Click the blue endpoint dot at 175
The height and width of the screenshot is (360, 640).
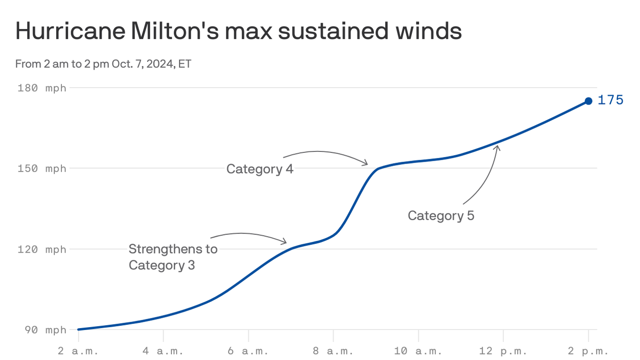(x=588, y=101)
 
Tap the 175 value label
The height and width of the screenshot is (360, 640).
(x=610, y=100)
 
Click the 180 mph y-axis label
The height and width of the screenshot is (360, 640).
(x=42, y=88)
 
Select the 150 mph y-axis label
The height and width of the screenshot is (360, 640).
(x=42, y=169)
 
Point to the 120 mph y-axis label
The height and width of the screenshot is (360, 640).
(x=42, y=249)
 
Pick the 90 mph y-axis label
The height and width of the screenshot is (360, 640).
(x=45, y=330)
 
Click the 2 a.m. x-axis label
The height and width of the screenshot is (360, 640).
(x=78, y=351)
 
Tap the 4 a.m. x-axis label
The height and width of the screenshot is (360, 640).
(x=163, y=351)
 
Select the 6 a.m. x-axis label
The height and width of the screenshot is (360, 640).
(x=248, y=351)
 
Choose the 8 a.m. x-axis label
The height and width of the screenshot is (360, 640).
(x=333, y=351)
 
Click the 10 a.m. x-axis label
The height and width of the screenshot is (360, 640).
(x=418, y=351)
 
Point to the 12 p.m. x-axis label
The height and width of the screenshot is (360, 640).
(x=503, y=351)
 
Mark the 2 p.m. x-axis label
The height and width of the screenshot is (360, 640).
(x=588, y=351)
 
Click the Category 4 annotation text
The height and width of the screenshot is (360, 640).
(x=260, y=169)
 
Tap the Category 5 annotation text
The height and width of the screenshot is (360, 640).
(x=441, y=216)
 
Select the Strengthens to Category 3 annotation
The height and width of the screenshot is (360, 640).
(x=173, y=257)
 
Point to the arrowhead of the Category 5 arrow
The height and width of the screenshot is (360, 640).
(x=498, y=147)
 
